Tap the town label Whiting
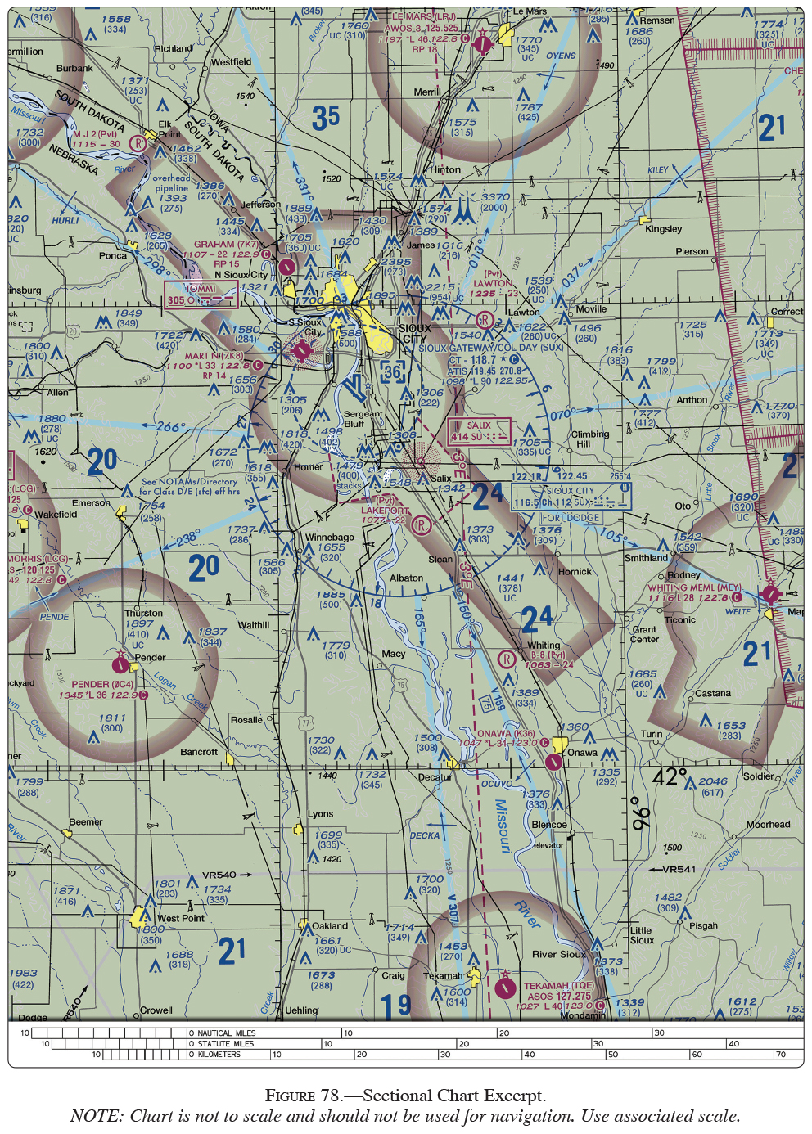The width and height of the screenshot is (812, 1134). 544,646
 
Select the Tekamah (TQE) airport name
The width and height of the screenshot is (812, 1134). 559,986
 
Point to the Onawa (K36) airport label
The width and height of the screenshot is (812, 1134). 506,733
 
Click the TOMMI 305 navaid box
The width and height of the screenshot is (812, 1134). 201,295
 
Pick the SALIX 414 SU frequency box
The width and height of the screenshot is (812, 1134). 479,431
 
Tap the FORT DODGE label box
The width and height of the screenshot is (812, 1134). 571,518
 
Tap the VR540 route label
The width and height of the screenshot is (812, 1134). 219,875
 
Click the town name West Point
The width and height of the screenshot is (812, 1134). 181,918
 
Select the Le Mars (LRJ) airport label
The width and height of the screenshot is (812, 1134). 423,16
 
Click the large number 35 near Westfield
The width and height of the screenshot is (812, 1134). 325,119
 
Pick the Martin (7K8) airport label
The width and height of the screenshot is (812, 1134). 214,356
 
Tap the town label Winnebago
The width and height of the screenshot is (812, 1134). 330,538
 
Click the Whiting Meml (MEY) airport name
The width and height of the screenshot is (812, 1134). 694,587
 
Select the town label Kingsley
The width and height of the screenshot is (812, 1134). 663,229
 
